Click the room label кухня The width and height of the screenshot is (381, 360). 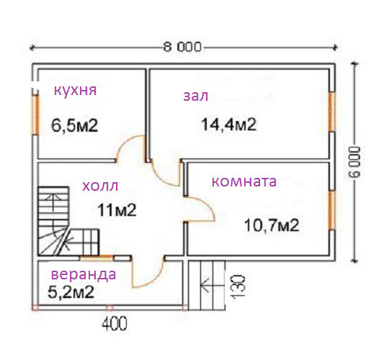[x=75, y=91]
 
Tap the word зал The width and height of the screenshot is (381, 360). [x=196, y=96]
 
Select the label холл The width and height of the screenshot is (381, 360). [x=100, y=186]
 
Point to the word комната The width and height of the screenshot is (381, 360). [x=244, y=181]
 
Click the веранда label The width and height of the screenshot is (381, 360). [x=84, y=275]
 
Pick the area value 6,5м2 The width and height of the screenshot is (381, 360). [x=75, y=126]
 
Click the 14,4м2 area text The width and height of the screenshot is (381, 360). [x=229, y=125]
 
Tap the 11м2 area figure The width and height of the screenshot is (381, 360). [x=117, y=210]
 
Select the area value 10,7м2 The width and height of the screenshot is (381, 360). [x=272, y=225]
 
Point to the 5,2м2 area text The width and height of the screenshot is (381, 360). [x=71, y=292]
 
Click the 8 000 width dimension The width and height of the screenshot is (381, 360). [x=182, y=47]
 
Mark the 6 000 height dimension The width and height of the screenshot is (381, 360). [x=356, y=161]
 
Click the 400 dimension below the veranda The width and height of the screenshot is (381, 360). [x=115, y=323]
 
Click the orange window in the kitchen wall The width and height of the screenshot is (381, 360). [x=35, y=114]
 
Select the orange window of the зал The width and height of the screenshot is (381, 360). [x=331, y=112]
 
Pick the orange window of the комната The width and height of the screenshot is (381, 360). [x=332, y=211]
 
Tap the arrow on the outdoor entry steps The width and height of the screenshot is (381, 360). [x=206, y=285]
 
